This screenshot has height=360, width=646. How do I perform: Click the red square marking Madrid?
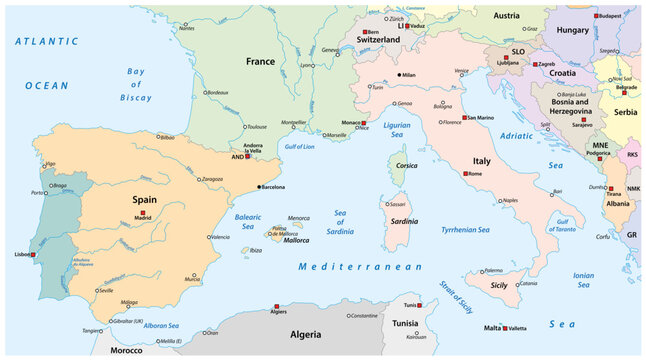pyautogui.click(x=143, y=213)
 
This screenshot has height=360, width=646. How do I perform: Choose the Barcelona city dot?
pyautogui.click(x=259, y=187)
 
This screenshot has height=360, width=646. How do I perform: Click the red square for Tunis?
pyautogui.click(x=420, y=305)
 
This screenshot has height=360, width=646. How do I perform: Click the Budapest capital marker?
pyautogui.click(x=596, y=17)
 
